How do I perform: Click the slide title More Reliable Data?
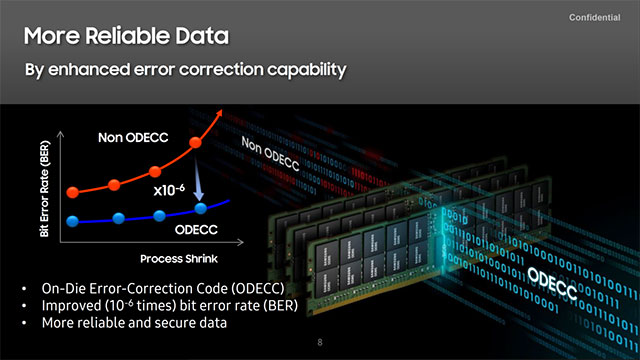point(126,38)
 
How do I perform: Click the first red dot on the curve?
point(71,191)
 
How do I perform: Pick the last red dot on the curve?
point(197,146)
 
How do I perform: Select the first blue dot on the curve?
point(71,220)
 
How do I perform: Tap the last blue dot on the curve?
point(200,208)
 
